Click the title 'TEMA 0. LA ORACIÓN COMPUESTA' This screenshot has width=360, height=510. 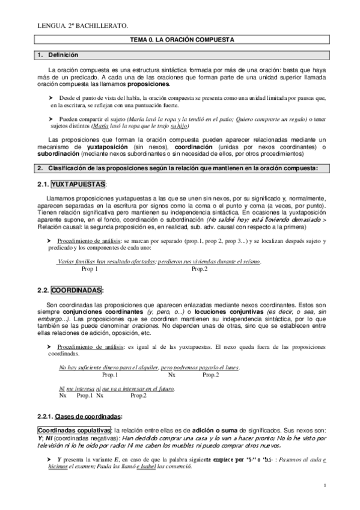[182, 39]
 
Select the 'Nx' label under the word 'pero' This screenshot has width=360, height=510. [171, 375]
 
